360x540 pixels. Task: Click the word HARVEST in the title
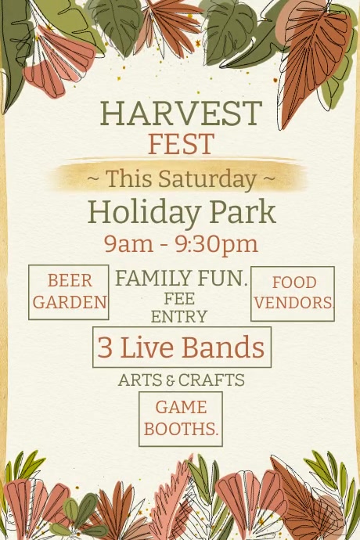point(181,114)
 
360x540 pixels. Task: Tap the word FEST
point(181,145)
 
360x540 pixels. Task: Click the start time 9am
point(128,243)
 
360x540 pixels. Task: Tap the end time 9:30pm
point(216,243)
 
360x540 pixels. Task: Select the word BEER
point(70,281)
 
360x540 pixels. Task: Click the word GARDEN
point(70,302)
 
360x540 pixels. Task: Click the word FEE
point(179,299)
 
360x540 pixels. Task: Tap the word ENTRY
point(179,316)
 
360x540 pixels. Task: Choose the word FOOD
point(293,283)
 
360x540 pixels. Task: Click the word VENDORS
point(293,303)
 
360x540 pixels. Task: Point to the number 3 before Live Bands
point(105,347)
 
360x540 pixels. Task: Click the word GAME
point(181,407)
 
